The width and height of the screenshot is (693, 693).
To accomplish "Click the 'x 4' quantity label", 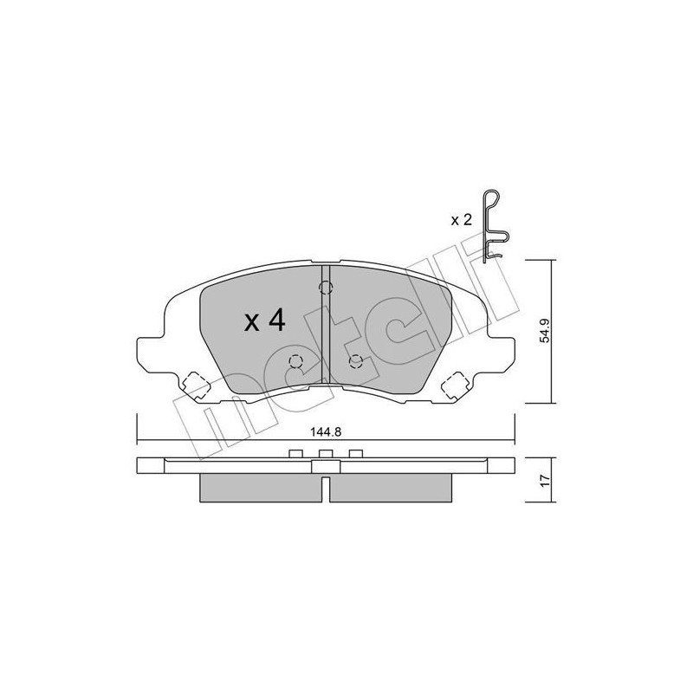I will [265, 321].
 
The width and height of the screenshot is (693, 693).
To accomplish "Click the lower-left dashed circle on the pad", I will [295, 362].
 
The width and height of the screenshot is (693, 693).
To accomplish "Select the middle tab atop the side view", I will [326, 453].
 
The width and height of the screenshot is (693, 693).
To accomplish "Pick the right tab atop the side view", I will [355, 453].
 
